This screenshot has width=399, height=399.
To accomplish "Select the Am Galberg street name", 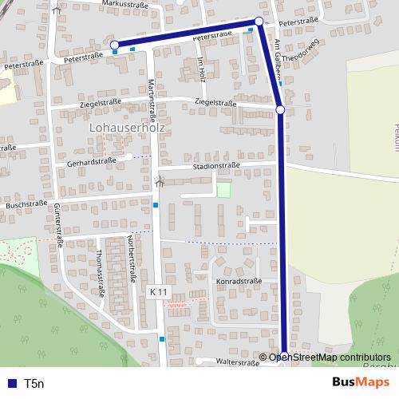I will tap(276, 59).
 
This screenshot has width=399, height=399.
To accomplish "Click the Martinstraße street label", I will tap(151, 99).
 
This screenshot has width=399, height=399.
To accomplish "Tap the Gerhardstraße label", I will tap(92, 161).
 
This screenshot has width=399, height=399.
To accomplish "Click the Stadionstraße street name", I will tap(216, 167).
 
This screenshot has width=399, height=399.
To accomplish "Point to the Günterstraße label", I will tap(58, 223).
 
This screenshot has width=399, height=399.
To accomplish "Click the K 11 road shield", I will tap(158, 293).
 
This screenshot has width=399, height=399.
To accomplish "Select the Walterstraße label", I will tap(231, 362).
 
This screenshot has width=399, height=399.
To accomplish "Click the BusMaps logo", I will tap(361, 383).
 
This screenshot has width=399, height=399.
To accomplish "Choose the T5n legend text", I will tap(34, 384).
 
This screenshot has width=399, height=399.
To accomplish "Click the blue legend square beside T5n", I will tap(11, 384).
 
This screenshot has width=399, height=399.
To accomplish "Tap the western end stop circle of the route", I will tap(114, 45).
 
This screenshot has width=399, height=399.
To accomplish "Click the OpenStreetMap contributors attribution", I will tap(330, 358).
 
